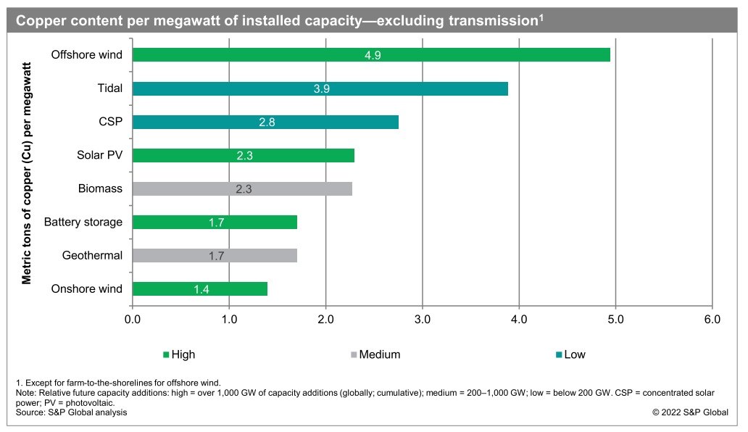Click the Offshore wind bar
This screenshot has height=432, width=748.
(371, 55)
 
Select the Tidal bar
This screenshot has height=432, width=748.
(320, 88)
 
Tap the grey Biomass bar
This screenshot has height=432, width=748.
(242, 189)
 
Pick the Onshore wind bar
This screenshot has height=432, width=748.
(200, 289)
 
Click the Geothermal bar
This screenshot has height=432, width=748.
(215, 256)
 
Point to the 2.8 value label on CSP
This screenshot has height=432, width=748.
(267, 122)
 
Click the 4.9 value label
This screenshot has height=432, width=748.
(373, 55)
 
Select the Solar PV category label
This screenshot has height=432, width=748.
(100, 155)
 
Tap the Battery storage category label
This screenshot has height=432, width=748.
(83, 223)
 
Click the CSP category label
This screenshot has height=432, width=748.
(111, 122)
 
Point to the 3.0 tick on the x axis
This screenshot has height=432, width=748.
(423, 319)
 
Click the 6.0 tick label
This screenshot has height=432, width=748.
(712, 319)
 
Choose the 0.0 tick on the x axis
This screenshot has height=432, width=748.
(133, 319)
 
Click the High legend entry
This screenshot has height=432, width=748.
(179, 354)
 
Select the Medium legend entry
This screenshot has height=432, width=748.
(376, 354)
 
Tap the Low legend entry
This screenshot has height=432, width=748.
(570, 354)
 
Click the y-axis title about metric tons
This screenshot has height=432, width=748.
(26, 173)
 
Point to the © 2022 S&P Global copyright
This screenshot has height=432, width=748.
(690, 412)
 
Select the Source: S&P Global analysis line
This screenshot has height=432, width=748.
(72, 412)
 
